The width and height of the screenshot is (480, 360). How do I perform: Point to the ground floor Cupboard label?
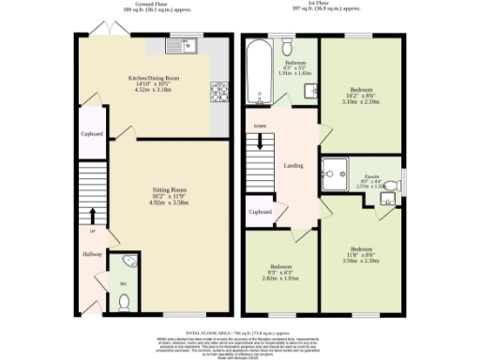[x=91, y=134]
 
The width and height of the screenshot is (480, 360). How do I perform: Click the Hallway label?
[x=91, y=254]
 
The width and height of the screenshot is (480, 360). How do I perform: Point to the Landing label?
[x=292, y=166]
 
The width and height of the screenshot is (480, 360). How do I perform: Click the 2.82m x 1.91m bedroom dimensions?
[x=282, y=278]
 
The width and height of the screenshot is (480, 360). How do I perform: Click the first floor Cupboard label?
[x=261, y=212]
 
